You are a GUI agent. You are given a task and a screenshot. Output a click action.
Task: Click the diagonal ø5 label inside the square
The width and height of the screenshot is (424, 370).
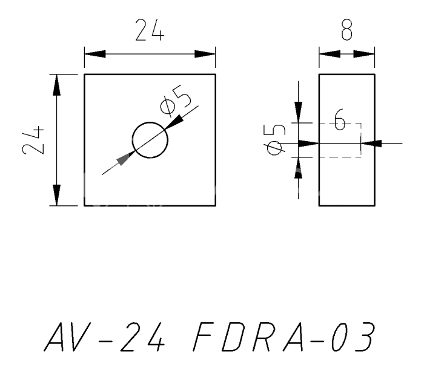pos(176,101)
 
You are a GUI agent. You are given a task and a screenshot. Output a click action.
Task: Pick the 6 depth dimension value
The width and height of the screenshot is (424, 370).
pos(340,122)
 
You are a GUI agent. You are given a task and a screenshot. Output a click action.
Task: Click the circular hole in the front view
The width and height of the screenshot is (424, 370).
pos(150,139)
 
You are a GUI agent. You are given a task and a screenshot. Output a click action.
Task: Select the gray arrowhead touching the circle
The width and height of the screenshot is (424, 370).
pos(124,159)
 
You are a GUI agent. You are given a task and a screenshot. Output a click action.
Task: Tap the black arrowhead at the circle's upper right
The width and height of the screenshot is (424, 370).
pos(174,121)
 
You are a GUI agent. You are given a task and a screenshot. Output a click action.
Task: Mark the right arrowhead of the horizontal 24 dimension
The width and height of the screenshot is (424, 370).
pos(205,54)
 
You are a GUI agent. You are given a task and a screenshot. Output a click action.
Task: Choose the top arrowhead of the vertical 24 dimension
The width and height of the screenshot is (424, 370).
pos(57,85)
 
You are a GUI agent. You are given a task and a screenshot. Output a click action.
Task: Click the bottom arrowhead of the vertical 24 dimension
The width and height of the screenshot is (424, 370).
pos(57,195)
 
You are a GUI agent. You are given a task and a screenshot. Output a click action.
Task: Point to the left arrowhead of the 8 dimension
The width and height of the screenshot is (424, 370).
pos(328,54)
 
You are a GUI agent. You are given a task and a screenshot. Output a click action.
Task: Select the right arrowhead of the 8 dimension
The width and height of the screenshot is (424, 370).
pos(365,54)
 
